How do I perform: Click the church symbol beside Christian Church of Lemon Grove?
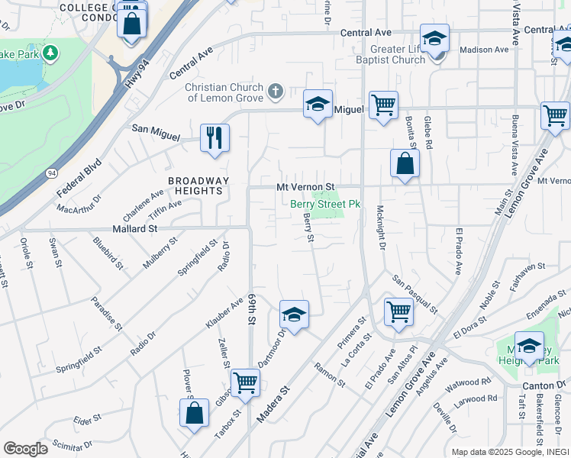[276, 92]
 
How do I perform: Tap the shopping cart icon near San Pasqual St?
[398, 311]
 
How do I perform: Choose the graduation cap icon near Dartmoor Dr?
[294, 314]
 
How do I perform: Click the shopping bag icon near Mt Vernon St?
[404, 163]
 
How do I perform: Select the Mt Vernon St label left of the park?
[305, 187]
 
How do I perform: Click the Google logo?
[25, 449]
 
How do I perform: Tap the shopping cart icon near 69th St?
[245, 382]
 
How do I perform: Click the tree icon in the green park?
[50, 53]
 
